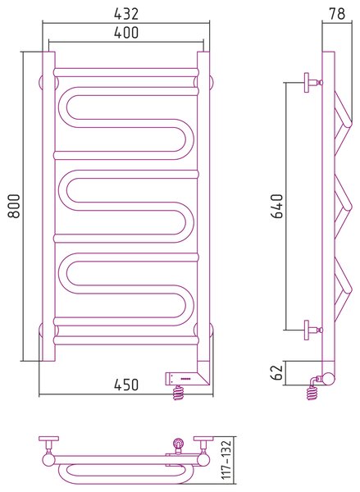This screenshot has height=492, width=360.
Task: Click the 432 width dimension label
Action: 125,14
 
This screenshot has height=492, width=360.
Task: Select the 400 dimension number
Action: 125,32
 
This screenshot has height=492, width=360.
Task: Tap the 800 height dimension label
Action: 14,206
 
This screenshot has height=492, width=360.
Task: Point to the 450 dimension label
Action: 125,385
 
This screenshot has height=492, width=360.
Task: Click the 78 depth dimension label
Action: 337,14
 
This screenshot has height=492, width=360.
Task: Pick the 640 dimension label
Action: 277,206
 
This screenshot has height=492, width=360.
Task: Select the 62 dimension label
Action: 277,372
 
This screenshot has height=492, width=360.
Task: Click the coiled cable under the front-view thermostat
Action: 178,393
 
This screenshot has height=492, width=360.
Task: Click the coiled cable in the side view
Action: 312,392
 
